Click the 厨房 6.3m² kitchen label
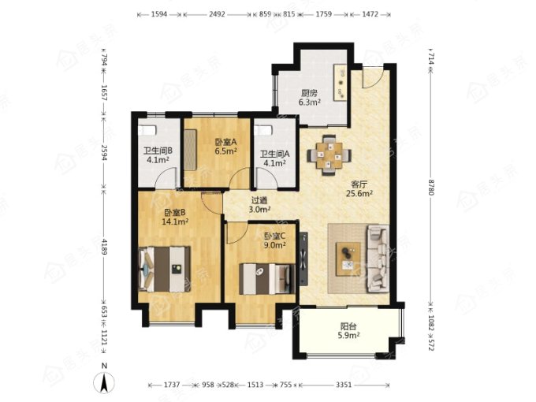(x=310, y=98)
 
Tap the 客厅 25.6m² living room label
(x=359, y=189)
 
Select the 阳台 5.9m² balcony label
(x=348, y=331)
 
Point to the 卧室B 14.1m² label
(x=175, y=217)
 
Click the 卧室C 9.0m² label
(x=275, y=240)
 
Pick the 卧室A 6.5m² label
(x=226, y=147)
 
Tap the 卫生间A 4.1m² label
(x=274, y=158)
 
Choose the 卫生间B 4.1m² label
(x=158, y=154)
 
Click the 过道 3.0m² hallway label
(x=259, y=205)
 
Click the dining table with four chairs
(x=329, y=155)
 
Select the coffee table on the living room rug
(x=348, y=259)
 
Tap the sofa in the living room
(x=378, y=259)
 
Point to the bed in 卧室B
(x=165, y=269)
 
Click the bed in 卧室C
(x=267, y=278)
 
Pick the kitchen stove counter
(x=341, y=82)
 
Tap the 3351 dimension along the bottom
(x=344, y=385)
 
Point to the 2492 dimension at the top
(x=217, y=14)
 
